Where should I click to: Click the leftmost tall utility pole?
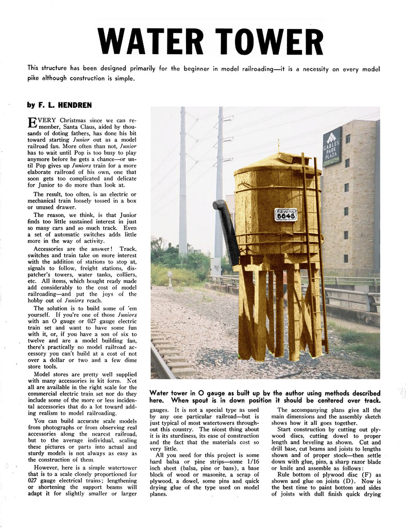pyautogui.click(x=183, y=180)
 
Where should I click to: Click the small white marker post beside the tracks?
pyautogui.click(x=170, y=278)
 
